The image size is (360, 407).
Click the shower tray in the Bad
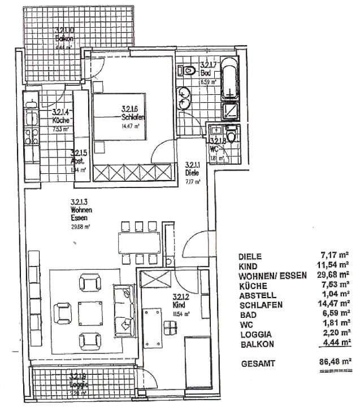pos(231,110)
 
